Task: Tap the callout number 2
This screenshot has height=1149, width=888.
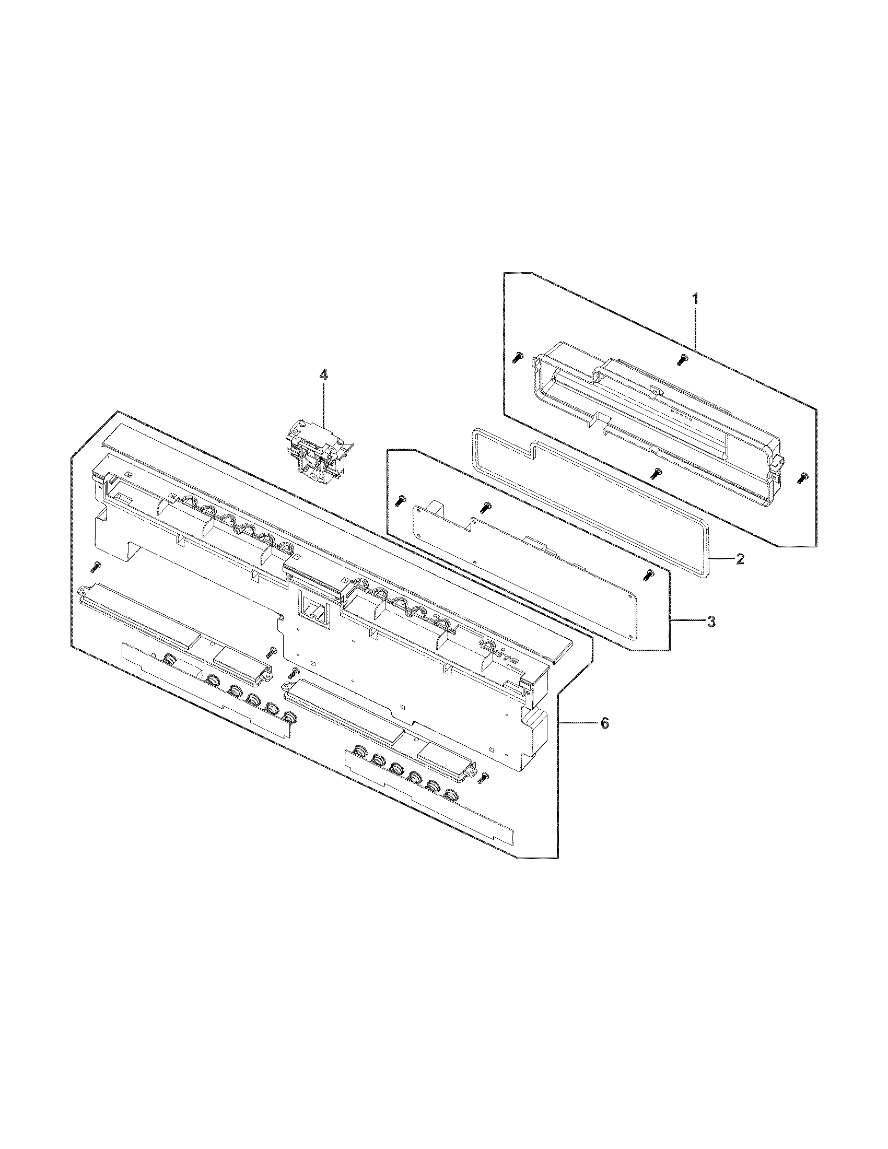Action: [x=739, y=559]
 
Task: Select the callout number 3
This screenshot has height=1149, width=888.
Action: [x=710, y=622]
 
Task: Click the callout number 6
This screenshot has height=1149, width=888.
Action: [x=605, y=723]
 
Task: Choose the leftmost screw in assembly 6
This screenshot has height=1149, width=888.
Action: [x=96, y=567]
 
